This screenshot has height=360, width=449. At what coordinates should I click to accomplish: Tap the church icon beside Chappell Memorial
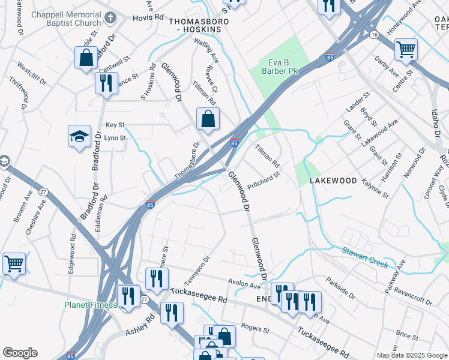110,18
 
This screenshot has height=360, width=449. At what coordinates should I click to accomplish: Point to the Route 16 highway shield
374,35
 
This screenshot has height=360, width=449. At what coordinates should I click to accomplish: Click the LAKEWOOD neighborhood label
333,181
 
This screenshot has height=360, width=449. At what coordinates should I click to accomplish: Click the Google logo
20,353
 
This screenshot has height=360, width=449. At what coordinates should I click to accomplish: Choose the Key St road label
115,125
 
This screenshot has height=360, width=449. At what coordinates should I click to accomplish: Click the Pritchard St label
264,181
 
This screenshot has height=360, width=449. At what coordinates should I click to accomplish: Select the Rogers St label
255,328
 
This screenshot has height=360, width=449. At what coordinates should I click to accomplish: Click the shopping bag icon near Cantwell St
86,58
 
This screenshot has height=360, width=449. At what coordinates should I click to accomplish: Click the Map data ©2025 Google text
411,355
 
